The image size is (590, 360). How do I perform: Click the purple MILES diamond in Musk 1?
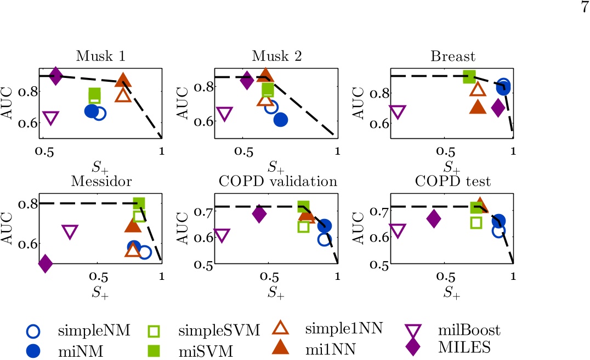(55, 76)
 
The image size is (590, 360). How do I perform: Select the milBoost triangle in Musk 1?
(50, 118)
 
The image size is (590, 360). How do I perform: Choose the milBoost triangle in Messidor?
(70, 232)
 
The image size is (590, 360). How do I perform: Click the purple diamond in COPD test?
(434, 219)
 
